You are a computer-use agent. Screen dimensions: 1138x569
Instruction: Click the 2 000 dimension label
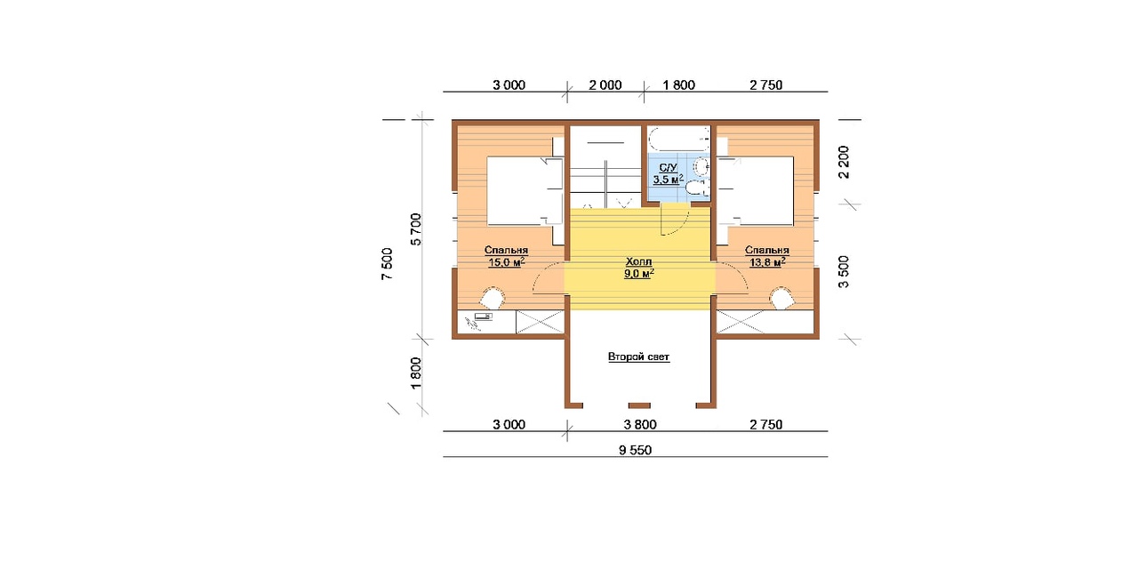(605, 85)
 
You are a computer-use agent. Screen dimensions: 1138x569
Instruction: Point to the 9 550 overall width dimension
(635, 451)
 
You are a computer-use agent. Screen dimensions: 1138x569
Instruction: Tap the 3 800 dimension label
(640, 425)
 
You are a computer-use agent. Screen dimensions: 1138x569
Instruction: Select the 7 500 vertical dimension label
(387, 264)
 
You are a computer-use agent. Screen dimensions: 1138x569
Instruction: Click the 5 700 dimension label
(416, 229)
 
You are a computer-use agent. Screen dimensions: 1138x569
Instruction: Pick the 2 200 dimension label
(844, 162)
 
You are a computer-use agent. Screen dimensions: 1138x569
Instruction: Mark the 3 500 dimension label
(844, 272)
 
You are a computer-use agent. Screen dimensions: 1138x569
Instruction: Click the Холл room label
(638, 262)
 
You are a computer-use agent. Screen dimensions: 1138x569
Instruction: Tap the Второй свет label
(638, 357)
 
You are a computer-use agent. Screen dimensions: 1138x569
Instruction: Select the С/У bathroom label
(668, 168)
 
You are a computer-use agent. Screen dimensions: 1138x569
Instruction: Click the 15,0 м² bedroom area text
(507, 262)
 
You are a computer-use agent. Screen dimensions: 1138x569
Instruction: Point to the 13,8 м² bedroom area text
(767, 262)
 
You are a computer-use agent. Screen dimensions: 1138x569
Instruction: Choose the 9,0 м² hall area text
(639, 274)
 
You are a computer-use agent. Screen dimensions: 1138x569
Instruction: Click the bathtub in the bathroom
(677, 139)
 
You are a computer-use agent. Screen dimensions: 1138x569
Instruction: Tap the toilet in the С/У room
(696, 188)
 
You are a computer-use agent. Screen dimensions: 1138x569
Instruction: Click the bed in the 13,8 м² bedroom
(756, 190)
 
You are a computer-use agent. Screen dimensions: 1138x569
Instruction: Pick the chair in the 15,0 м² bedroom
(137, 298)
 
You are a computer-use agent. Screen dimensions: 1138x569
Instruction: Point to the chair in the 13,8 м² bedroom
(781, 298)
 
